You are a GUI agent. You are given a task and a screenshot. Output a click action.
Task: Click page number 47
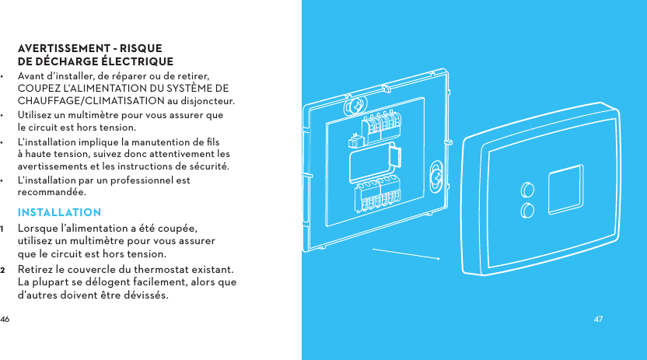tap(598, 320)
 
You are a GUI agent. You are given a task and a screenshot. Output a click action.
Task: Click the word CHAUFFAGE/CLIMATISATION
tap(90, 101)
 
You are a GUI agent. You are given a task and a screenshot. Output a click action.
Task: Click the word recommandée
tap(52, 192)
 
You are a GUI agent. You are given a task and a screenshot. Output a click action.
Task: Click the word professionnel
tap(143, 180)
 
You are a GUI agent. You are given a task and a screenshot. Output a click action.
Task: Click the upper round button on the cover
tap(527, 189)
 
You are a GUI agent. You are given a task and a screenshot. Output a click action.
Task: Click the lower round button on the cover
tap(527, 209)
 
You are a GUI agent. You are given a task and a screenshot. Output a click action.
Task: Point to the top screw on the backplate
tap(357, 105)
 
